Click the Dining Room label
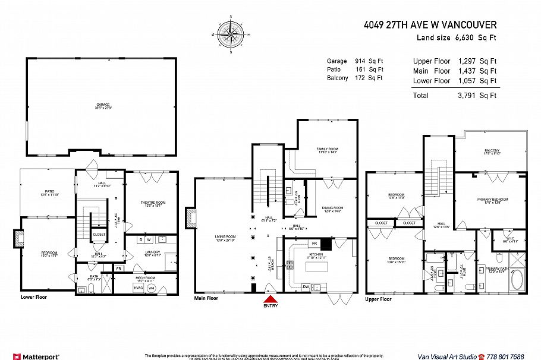point(332,209)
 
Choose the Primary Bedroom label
point(492,201)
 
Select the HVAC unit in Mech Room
point(138,288)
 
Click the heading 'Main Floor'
point(206,298)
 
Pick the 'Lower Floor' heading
point(34,296)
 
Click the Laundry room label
point(153,253)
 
